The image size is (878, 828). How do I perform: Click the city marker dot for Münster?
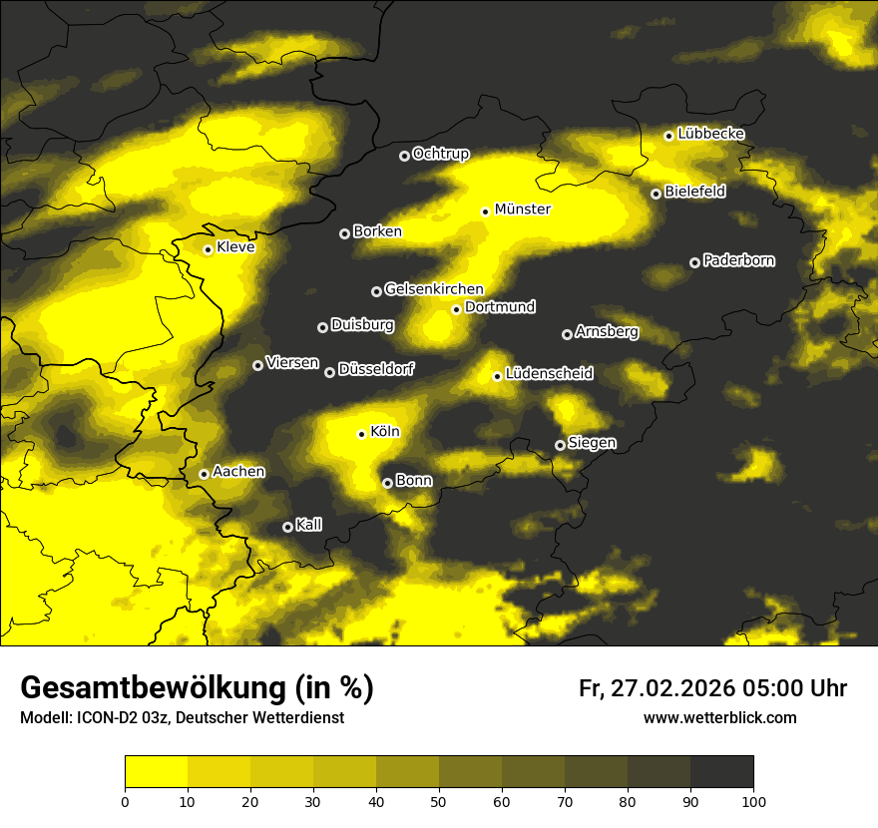coord(486,211)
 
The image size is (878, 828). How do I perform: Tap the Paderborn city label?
coord(738,260)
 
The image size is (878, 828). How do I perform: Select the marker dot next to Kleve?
coord(208,249)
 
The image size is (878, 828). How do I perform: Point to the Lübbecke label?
coord(710,134)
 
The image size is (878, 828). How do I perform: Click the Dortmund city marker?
coord(456,309)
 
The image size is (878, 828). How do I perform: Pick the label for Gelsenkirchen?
coord(434,289)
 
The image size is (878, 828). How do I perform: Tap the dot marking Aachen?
coord(204,474)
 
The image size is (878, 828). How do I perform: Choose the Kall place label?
coord(309,525)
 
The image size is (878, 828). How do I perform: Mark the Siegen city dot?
coord(560,445)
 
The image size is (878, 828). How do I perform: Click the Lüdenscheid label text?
coord(549,374)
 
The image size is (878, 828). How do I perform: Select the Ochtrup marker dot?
coord(404,156)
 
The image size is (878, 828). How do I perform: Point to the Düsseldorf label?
coord(376,369)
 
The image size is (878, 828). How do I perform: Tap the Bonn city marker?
coord(387,483)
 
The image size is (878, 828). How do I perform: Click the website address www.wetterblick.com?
coord(719,717)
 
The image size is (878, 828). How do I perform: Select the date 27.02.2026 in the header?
coord(671,688)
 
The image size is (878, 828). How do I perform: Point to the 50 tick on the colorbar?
coord(439,800)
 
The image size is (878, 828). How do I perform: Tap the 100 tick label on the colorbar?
coord(753,800)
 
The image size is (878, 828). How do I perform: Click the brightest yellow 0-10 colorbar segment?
coord(157,771)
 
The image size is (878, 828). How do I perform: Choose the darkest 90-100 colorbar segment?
coord(721,771)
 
